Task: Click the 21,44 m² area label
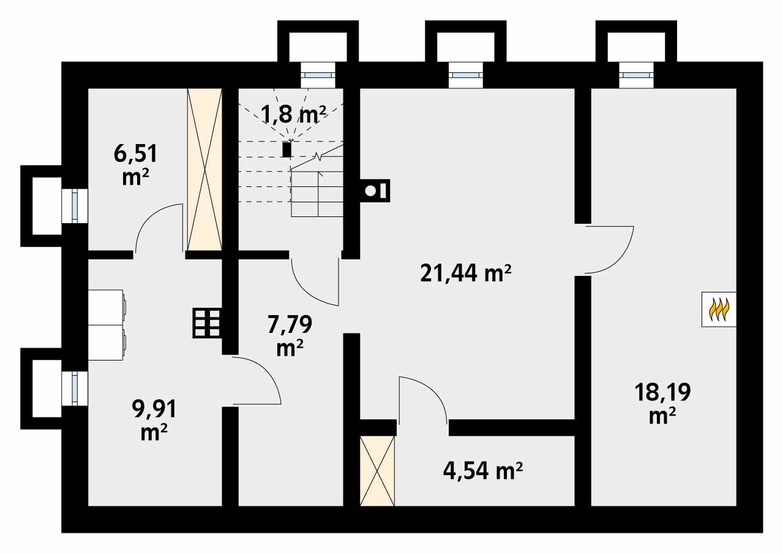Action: [466, 273]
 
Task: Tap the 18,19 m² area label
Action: [662, 403]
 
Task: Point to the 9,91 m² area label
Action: [154, 419]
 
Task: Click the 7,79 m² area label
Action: [290, 335]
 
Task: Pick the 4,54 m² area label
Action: [482, 471]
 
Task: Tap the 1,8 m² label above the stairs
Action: [293, 113]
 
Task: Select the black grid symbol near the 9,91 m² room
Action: [207, 322]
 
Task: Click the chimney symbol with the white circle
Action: [375, 191]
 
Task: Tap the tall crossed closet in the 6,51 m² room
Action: [204, 169]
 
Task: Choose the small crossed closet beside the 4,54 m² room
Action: [377, 471]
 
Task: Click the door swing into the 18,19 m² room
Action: [609, 250]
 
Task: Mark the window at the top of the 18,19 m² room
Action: [636, 75]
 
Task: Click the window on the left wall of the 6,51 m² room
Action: [75, 205]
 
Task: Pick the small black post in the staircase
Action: [287, 149]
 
